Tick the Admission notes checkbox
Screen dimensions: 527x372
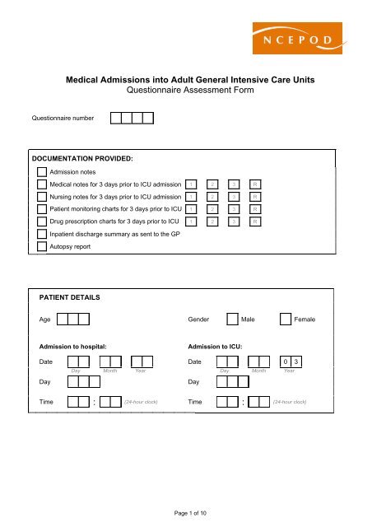[43, 171]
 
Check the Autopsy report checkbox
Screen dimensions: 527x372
[43, 245]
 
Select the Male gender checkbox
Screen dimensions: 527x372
[232, 319]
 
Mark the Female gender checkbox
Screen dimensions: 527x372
[286, 319]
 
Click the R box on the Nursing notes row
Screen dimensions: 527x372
[256, 197]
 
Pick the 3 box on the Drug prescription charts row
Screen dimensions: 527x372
[235, 222]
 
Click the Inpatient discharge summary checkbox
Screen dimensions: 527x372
[43, 234]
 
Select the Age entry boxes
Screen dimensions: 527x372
[78, 319]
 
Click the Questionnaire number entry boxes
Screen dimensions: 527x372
[132, 118]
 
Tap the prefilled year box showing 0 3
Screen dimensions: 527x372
[291, 361]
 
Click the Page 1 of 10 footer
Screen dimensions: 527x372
[185, 513]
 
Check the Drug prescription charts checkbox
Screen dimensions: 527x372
[43, 222]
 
